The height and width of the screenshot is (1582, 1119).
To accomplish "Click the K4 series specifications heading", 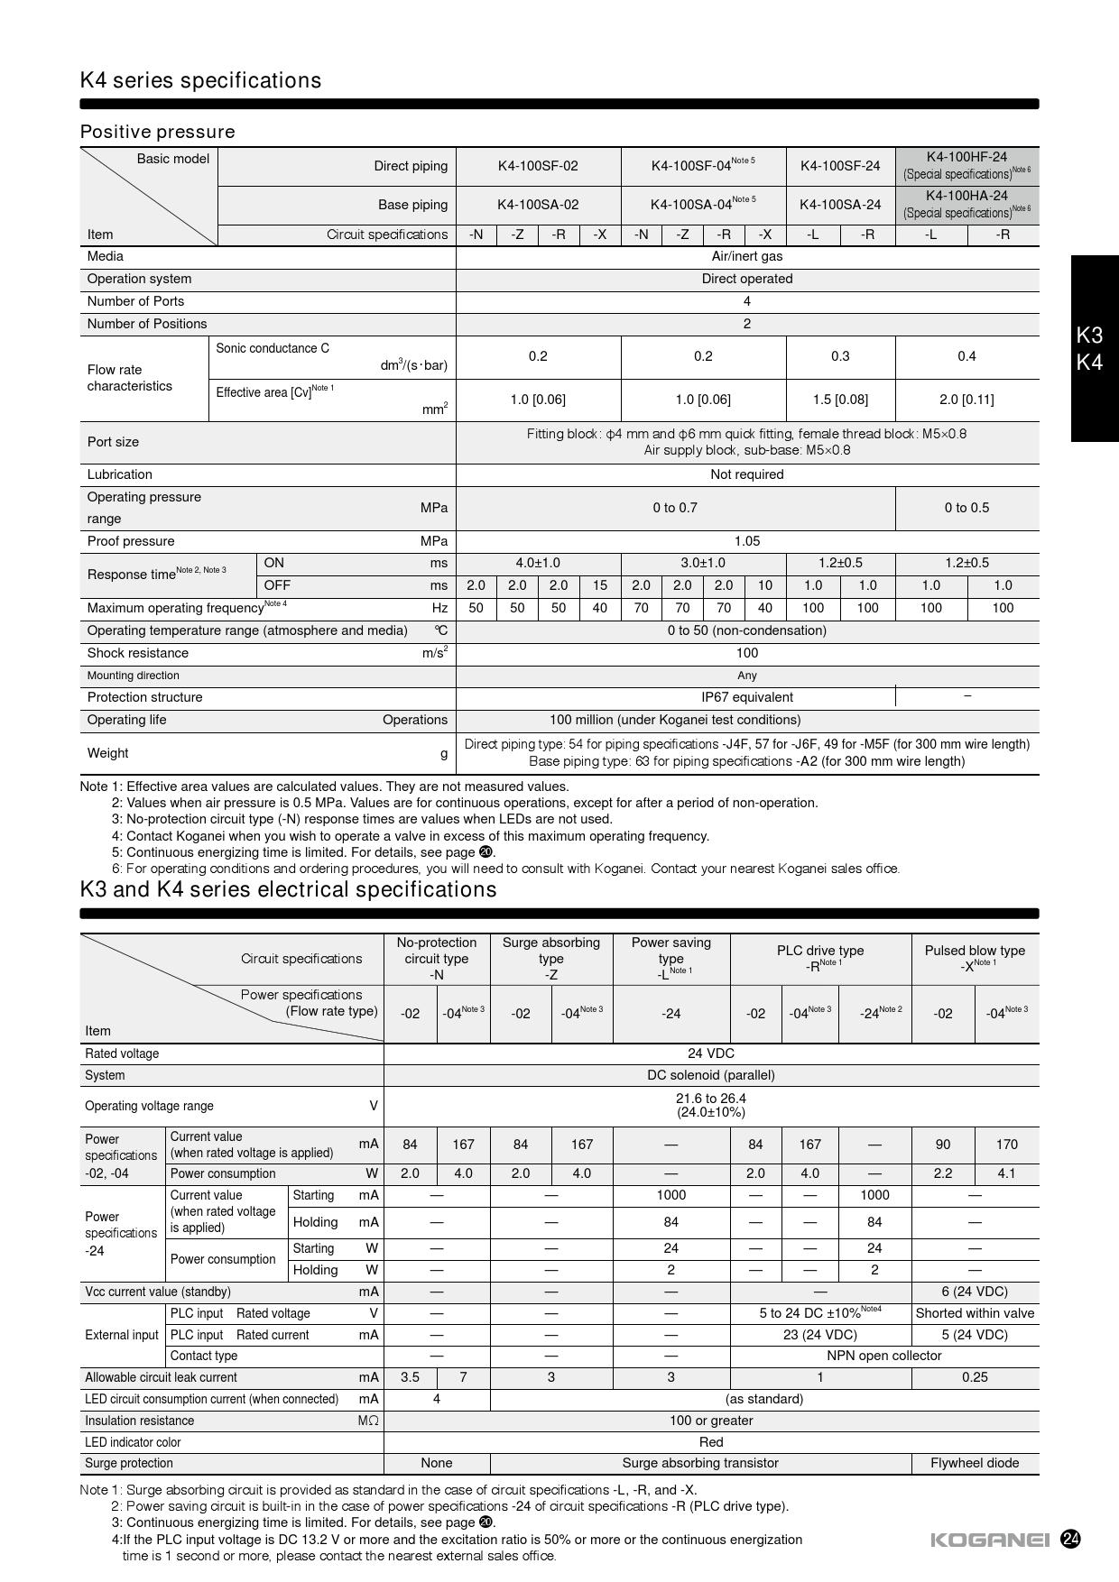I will click(x=200, y=80).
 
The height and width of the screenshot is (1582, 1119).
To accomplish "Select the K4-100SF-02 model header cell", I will click(x=538, y=166).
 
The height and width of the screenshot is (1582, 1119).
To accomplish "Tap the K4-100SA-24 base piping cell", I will click(x=840, y=205).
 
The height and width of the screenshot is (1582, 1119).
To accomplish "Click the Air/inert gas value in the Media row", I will click(x=746, y=256).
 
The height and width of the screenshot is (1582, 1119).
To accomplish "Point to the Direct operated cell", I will click(x=746, y=279).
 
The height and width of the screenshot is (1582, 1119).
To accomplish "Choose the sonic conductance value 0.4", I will click(x=966, y=356).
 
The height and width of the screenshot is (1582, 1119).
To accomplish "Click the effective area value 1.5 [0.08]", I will click(x=840, y=400).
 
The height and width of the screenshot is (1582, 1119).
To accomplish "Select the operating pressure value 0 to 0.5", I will click(x=966, y=508).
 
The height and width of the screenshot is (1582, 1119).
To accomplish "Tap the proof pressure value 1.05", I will click(x=746, y=541).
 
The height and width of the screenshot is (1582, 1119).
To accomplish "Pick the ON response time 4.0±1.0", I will click(x=538, y=563).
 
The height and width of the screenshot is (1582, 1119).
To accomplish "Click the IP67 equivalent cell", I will click(x=746, y=697).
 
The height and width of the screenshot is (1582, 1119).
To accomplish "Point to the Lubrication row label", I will click(x=120, y=474).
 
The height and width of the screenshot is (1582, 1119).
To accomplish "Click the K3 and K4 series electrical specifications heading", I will click(x=288, y=889).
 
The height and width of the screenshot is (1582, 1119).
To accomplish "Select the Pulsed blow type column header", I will click(x=975, y=957).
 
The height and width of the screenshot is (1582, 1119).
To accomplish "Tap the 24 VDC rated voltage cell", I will click(x=711, y=1053).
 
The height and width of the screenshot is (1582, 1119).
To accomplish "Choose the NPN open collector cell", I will click(x=883, y=1356).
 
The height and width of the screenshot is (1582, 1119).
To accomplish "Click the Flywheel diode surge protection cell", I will click(x=975, y=1463).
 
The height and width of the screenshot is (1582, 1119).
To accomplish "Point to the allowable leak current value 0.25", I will click(x=975, y=1377).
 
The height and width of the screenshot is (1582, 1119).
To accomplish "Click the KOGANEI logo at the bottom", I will click(x=990, y=1540).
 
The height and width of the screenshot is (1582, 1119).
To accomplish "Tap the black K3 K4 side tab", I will click(x=1094, y=349).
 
